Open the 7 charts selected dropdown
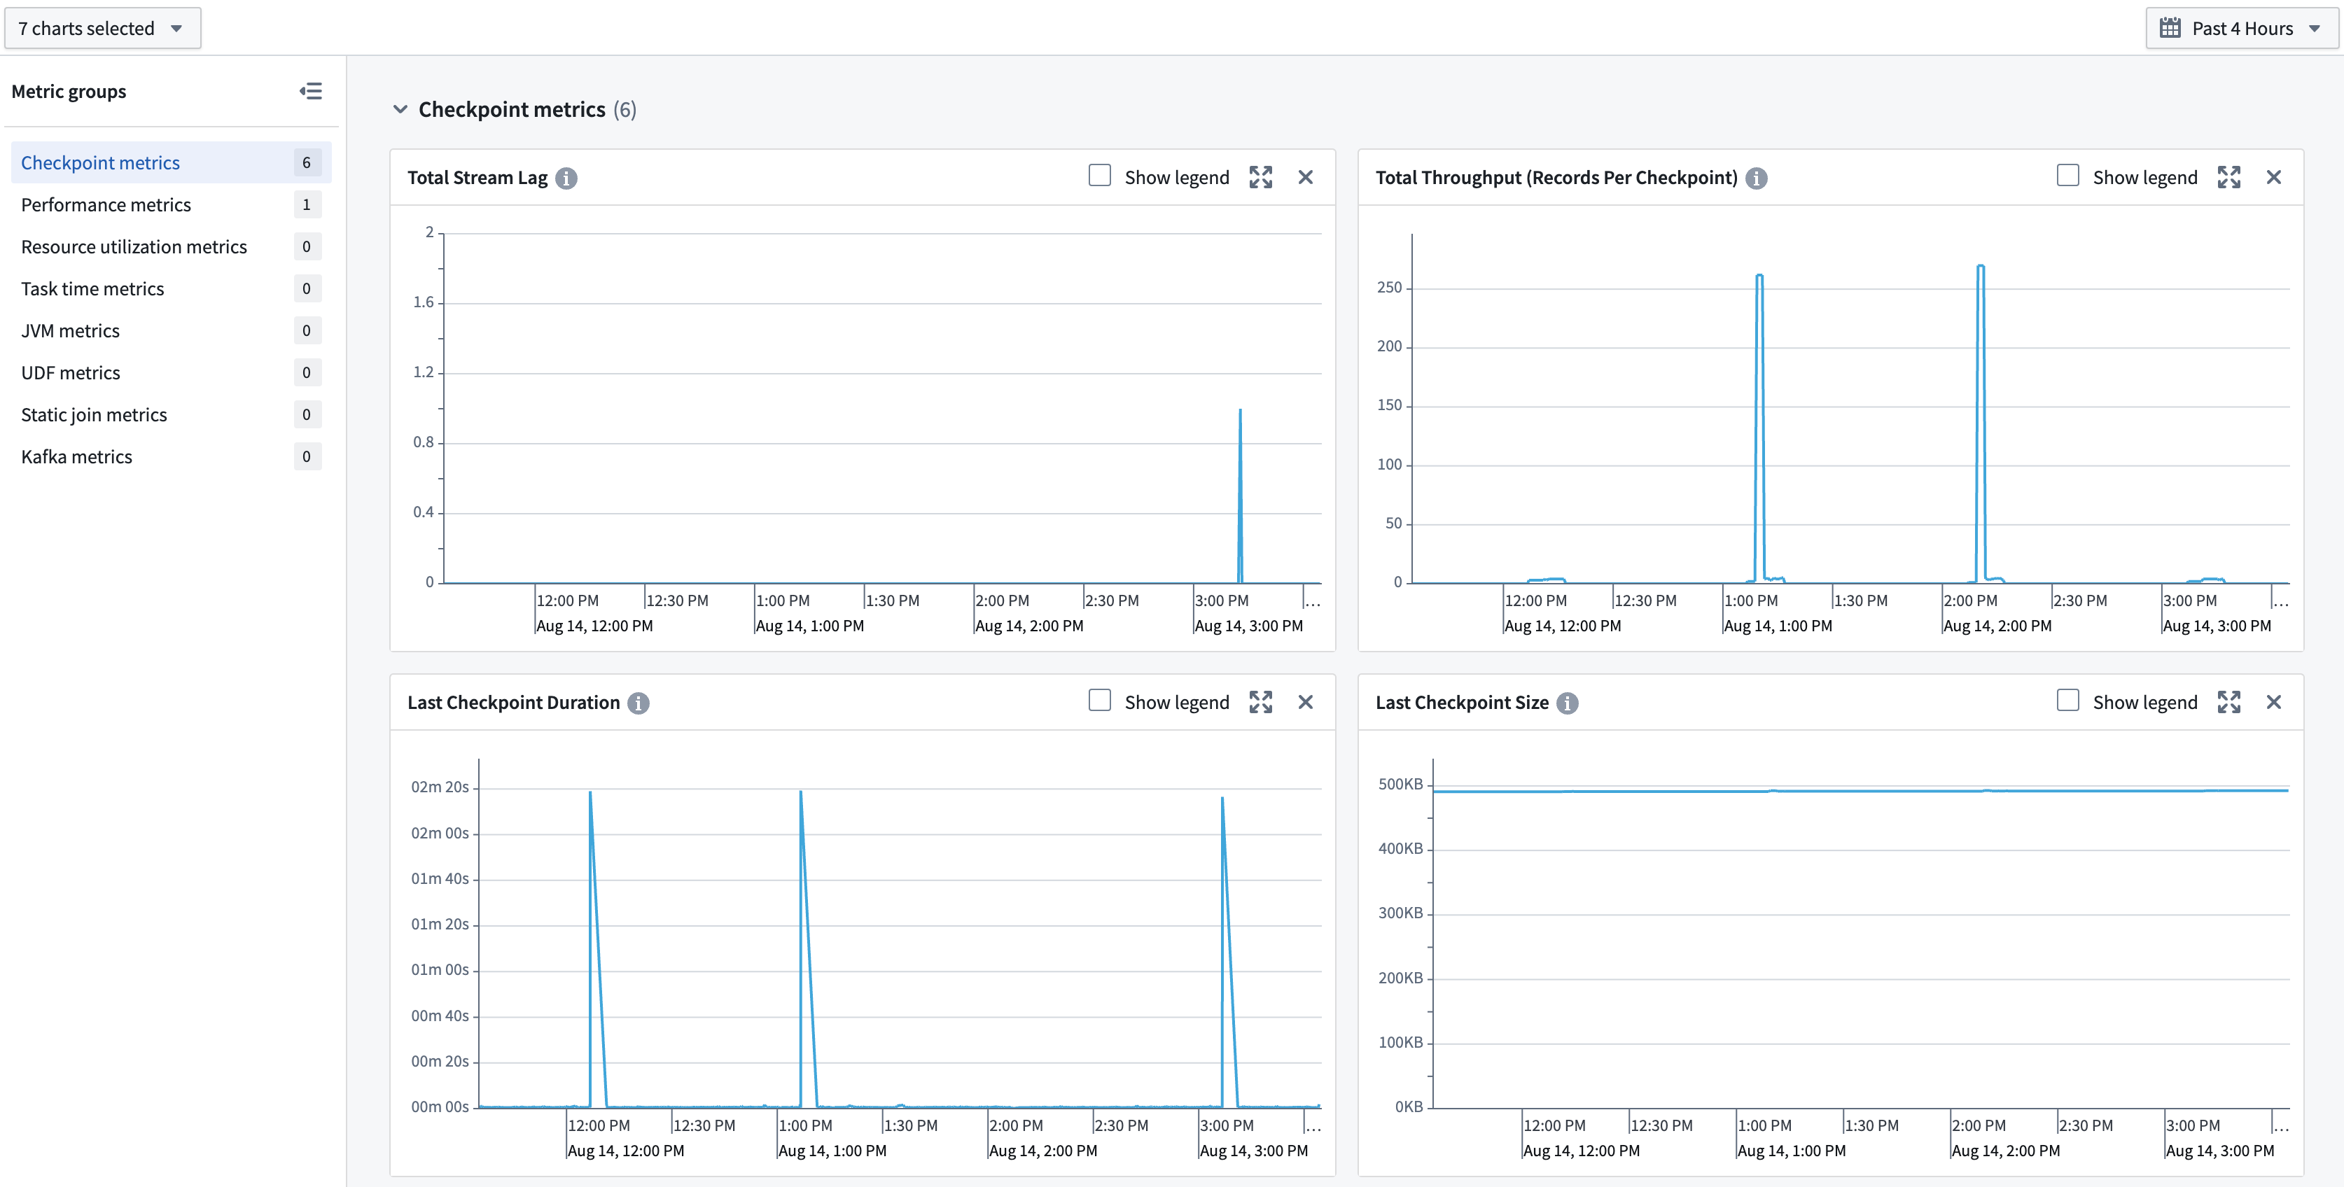102,28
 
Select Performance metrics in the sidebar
106,204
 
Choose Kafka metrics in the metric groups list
76,456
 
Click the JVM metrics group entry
70,331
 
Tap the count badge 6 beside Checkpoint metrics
307,163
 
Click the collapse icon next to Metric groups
310,91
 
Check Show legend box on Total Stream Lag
1099,176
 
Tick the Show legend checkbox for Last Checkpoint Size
2067,701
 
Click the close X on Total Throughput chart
2273,177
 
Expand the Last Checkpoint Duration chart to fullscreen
1260,702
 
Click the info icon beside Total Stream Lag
566,178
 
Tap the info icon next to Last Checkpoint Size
1567,703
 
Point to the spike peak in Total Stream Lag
1239,411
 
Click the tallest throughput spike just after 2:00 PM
1980,267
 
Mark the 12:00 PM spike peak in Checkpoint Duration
590,793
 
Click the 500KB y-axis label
1400,784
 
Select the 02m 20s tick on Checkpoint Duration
440,787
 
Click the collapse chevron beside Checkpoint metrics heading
400,109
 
